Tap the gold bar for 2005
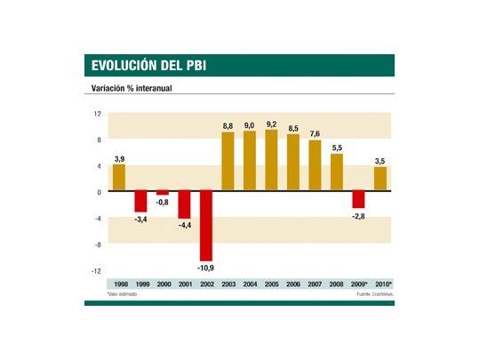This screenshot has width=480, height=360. click(x=271, y=160)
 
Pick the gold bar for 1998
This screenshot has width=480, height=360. click(x=118, y=178)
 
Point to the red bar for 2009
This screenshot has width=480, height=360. click(x=358, y=200)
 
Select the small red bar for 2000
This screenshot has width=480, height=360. click(x=162, y=193)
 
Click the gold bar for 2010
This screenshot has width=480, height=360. click(x=380, y=179)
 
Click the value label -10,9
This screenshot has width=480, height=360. click(x=205, y=268)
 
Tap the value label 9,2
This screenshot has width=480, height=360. click(x=271, y=124)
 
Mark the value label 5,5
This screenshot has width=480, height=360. click(x=336, y=147)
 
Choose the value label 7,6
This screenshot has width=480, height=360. click(x=315, y=133)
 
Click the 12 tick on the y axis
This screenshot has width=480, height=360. click(x=98, y=113)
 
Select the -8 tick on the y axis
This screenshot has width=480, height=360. click(x=99, y=244)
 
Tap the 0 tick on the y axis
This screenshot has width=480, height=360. click(x=100, y=191)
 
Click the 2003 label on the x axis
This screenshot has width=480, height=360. click(x=228, y=284)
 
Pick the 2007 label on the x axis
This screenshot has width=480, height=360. click(x=315, y=284)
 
